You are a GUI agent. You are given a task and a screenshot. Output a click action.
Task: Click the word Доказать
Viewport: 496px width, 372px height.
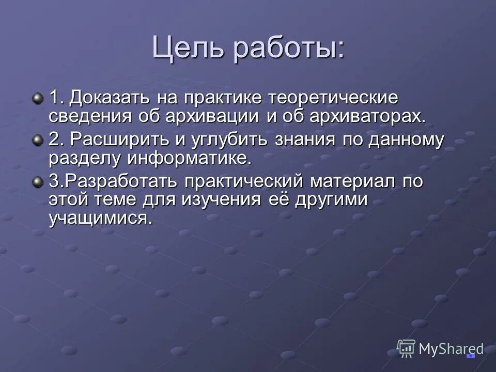click(x=109, y=98)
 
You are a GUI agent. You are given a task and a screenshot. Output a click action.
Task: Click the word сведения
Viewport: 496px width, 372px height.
click(x=90, y=115)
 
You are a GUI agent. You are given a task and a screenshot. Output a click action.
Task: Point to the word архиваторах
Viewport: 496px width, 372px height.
click(x=368, y=115)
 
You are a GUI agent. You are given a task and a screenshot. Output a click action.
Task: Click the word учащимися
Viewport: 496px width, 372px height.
click(x=101, y=218)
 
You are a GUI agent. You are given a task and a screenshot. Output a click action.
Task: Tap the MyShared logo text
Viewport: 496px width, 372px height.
click(x=451, y=349)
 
